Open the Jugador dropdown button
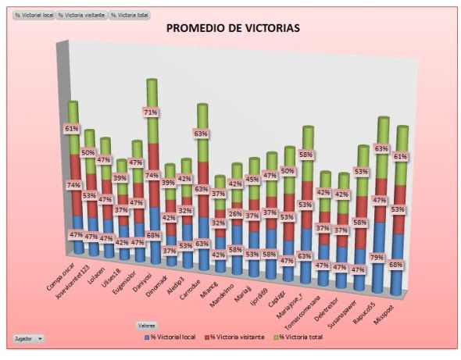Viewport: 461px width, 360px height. pyautogui.click(x=28, y=339)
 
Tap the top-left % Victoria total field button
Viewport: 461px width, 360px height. pyautogui.click(x=130, y=16)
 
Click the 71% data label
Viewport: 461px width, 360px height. pyautogui.click(x=151, y=112)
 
